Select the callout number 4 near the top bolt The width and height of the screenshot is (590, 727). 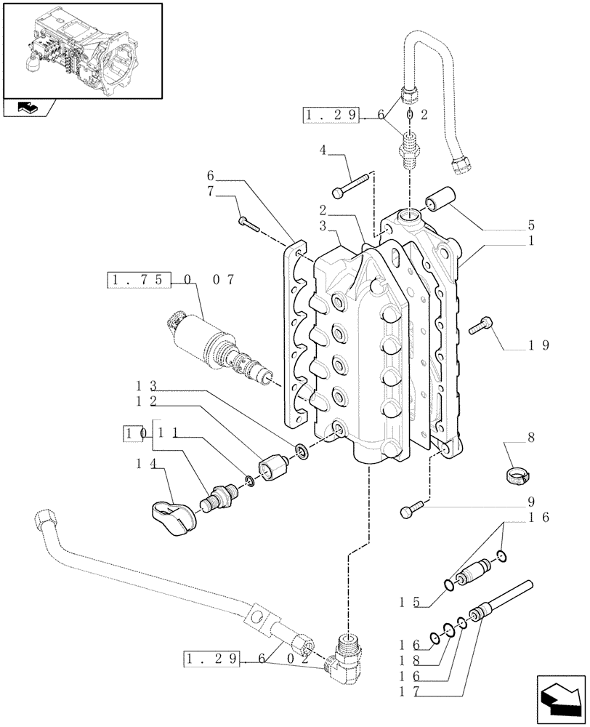click(323, 150)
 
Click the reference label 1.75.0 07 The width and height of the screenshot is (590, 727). click(171, 280)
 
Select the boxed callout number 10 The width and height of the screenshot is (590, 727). click(128, 434)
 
